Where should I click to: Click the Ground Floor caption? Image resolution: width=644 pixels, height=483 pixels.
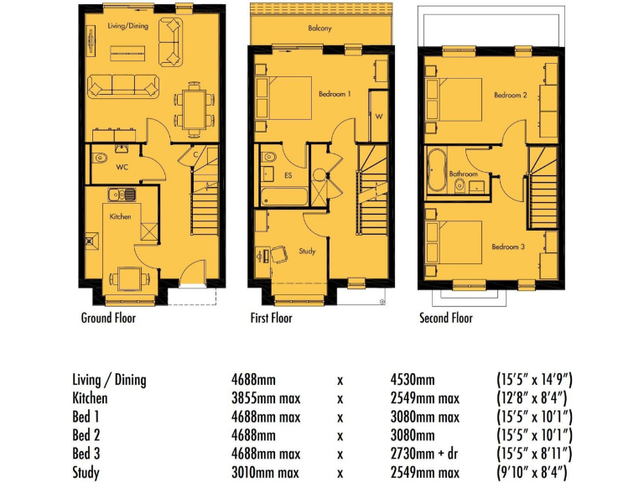[108, 318]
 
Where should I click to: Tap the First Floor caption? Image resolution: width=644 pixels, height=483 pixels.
[271, 318]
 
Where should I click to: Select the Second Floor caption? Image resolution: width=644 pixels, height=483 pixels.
[446, 318]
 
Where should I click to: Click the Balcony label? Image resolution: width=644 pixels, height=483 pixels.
[319, 28]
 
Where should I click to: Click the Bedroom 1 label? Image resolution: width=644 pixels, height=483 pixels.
[335, 94]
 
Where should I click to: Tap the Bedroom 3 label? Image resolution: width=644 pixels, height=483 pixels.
[508, 247]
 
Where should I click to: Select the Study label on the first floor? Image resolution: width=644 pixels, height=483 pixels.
[307, 250]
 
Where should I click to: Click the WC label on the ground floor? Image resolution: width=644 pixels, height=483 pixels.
[122, 167]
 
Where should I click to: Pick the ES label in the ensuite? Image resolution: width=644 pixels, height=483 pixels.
[288, 176]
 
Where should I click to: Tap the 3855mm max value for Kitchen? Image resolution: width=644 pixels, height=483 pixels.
[267, 398]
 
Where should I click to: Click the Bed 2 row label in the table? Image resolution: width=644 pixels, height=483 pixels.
[87, 435]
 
